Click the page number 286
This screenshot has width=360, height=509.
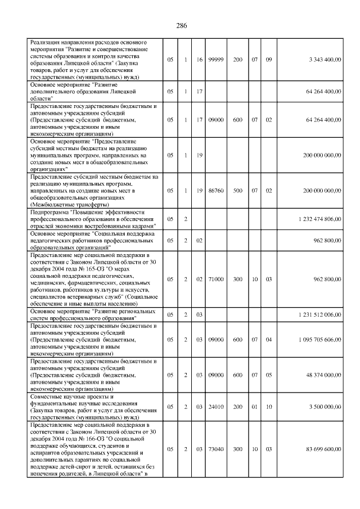[181, 26]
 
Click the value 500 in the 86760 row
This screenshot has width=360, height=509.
[238, 191]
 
